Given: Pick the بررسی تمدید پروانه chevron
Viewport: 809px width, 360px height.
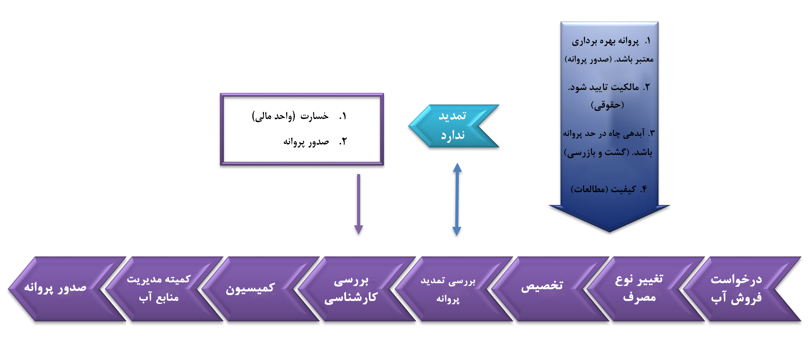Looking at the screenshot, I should [x=448, y=289].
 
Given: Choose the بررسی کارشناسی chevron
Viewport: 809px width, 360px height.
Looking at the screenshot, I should [x=351, y=289].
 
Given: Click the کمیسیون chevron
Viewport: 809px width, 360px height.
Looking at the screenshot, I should [x=250, y=288].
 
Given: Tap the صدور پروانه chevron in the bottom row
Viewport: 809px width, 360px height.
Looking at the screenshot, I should [x=56, y=288].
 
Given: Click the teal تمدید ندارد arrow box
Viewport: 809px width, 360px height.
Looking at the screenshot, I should [x=453, y=126].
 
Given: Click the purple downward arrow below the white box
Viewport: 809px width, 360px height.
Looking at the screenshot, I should [x=358, y=204].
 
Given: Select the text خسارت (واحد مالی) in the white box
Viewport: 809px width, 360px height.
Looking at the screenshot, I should [x=290, y=116].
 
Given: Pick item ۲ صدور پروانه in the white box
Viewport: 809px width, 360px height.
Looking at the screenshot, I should [x=306, y=142].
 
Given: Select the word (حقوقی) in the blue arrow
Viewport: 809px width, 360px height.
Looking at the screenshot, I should [x=607, y=105].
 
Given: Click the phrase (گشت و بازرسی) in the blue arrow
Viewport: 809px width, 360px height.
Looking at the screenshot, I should [x=597, y=153].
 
